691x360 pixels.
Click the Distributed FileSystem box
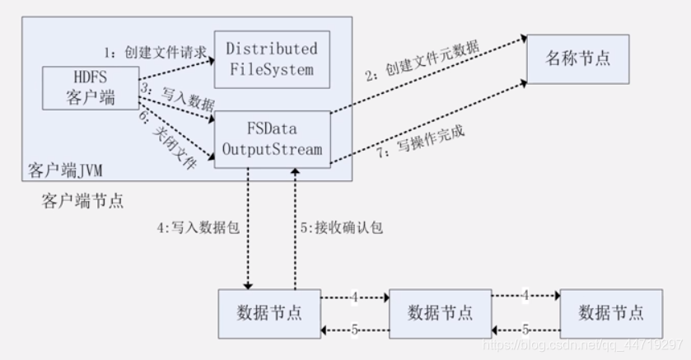tap(272, 58)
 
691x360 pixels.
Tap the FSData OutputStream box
tap(272, 140)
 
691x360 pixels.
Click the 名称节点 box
tap(580, 59)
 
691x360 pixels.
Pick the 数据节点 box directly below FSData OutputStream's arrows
tap(268, 313)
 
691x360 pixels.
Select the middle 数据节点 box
tap(440, 313)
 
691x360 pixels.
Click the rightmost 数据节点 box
tap(610, 313)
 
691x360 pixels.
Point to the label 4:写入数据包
tap(198, 227)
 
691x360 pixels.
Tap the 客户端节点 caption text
tap(79, 200)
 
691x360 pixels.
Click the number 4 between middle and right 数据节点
tap(525, 294)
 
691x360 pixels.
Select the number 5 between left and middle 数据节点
tap(354, 331)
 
